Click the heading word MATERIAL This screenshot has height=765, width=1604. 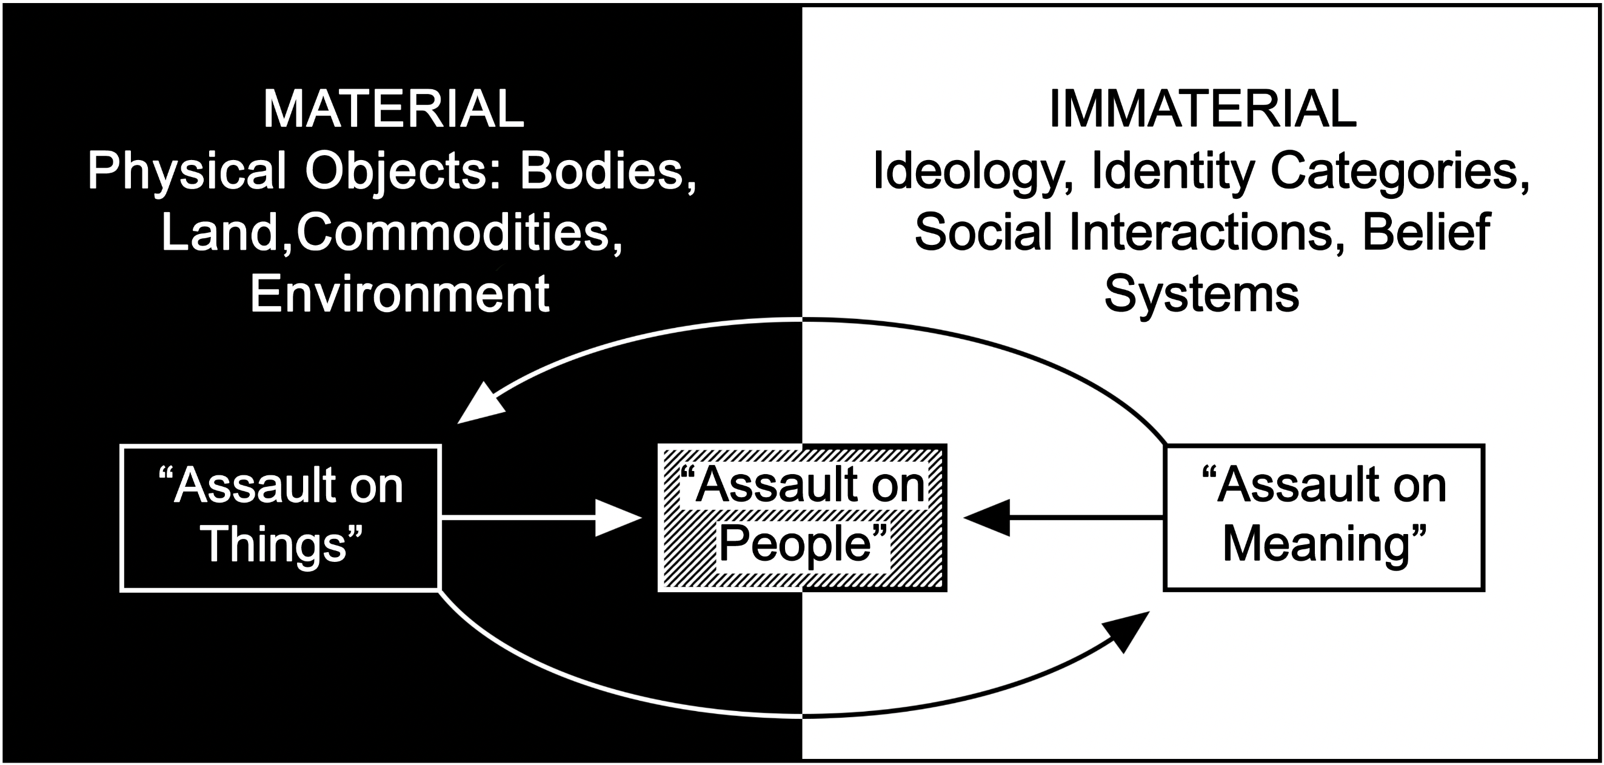tap(393, 110)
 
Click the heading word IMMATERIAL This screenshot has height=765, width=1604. tap(1202, 110)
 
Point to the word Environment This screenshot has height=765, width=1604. tap(399, 294)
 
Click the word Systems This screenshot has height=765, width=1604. tap(1201, 294)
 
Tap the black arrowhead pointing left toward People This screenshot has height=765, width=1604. tap(986, 517)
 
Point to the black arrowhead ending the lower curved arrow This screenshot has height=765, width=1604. tap(1128, 630)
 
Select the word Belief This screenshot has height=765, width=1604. tap(1426, 232)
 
